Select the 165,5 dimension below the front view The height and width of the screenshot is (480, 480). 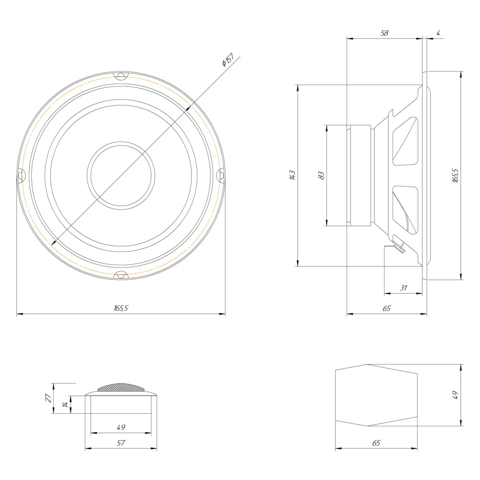click(x=121, y=309)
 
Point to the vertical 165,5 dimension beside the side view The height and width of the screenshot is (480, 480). click(x=456, y=176)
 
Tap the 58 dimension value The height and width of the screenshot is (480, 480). click(x=384, y=33)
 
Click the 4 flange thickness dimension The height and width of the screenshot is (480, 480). click(x=438, y=33)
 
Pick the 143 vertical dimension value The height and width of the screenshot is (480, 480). click(x=292, y=176)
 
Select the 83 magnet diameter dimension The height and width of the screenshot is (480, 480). click(x=322, y=176)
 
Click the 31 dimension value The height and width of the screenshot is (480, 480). click(x=403, y=288)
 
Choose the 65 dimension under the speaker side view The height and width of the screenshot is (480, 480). click(x=386, y=309)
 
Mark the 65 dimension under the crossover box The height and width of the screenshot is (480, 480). click(x=376, y=443)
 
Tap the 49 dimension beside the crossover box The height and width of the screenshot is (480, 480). click(x=456, y=395)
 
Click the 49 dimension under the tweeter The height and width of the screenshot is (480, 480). click(x=121, y=427)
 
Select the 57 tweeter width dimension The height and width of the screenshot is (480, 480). click(x=121, y=443)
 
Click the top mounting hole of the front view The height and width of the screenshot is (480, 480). click(x=120, y=76)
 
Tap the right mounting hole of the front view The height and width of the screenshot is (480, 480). click(x=221, y=176)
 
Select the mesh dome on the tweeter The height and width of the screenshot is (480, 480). click(x=120, y=387)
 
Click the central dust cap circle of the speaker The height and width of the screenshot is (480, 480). click(x=121, y=176)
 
